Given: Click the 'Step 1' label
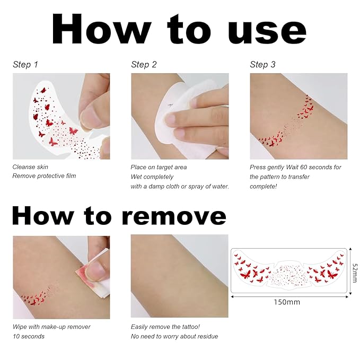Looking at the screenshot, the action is (x=25, y=65).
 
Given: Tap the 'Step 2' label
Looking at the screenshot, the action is (x=144, y=65).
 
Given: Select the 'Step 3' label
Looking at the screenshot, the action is (x=262, y=65).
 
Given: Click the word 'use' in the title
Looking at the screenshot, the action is (x=267, y=31).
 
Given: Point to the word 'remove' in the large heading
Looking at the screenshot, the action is (x=174, y=216).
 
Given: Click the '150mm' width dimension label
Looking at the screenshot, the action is (x=287, y=302).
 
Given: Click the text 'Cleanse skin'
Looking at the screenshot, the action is (x=30, y=167).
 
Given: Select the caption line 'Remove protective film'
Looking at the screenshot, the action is (x=44, y=176).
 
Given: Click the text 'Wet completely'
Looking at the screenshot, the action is (x=152, y=177).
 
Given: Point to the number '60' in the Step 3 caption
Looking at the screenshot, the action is (x=303, y=167).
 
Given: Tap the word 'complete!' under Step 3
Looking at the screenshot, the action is (x=264, y=187).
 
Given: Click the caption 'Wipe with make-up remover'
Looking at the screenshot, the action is (x=51, y=327).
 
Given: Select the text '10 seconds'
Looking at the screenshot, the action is (x=29, y=336).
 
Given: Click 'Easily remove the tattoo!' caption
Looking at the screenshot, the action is (x=165, y=327).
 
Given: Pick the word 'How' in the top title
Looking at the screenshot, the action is (x=102, y=29).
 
